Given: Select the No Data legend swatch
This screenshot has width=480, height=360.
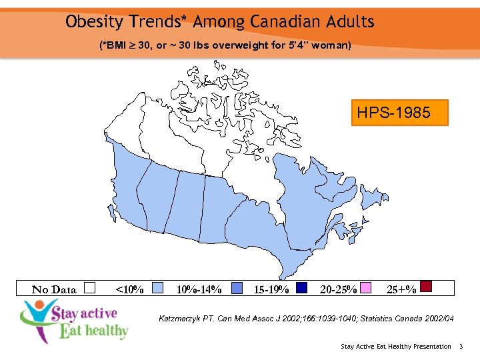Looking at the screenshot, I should [91, 288].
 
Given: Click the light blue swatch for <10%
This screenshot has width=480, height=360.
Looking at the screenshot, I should [158, 288].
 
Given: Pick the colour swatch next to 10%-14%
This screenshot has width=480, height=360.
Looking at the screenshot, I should [237, 288].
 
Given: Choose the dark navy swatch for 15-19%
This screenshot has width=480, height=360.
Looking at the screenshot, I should [301, 288].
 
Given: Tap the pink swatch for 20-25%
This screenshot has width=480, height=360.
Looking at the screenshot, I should [366, 288].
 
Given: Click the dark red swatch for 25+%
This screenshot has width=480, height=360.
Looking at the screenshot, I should [427, 287].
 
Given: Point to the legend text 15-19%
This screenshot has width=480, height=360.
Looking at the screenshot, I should [271, 289].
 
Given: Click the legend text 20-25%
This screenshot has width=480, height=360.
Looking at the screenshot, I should [338, 289].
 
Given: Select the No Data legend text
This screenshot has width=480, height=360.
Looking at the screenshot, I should [55, 289].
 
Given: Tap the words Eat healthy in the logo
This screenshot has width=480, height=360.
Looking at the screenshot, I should [94, 331].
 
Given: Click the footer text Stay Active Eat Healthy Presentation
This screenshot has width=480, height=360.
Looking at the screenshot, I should [395, 346].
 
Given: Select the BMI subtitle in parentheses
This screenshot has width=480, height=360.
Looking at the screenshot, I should [225, 46].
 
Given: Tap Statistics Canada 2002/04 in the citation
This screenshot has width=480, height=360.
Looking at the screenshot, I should [409, 319].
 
